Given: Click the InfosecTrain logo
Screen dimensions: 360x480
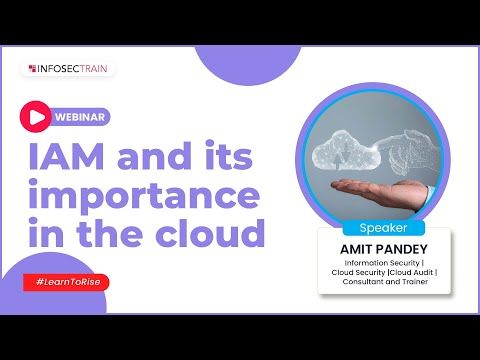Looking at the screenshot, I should click(68, 69).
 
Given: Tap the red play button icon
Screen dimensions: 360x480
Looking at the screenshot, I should click(36, 116).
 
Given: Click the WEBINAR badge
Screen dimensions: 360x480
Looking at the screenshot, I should click(82, 116).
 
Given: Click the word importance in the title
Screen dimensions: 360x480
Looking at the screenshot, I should click(146, 196).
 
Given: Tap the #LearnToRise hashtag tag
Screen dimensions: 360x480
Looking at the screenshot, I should click(66, 282).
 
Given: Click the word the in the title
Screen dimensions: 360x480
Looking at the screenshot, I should click(110, 233).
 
